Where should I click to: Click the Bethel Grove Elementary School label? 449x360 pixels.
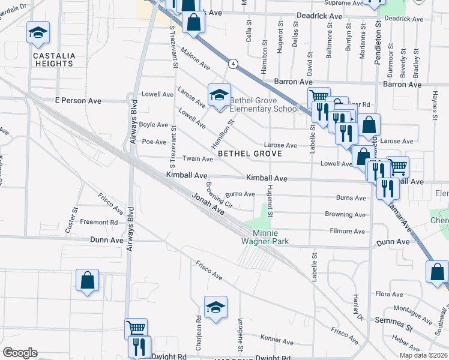(264, 104)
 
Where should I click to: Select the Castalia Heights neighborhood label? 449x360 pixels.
(54, 60)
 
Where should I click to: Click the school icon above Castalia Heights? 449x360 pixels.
(38, 33)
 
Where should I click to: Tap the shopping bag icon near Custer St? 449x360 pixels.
(87, 280)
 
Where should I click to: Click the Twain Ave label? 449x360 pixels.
(198, 159)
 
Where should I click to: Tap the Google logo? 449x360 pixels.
(20, 352)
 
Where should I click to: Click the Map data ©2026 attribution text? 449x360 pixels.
(423, 355)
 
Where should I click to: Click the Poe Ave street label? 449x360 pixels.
(154, 142)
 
